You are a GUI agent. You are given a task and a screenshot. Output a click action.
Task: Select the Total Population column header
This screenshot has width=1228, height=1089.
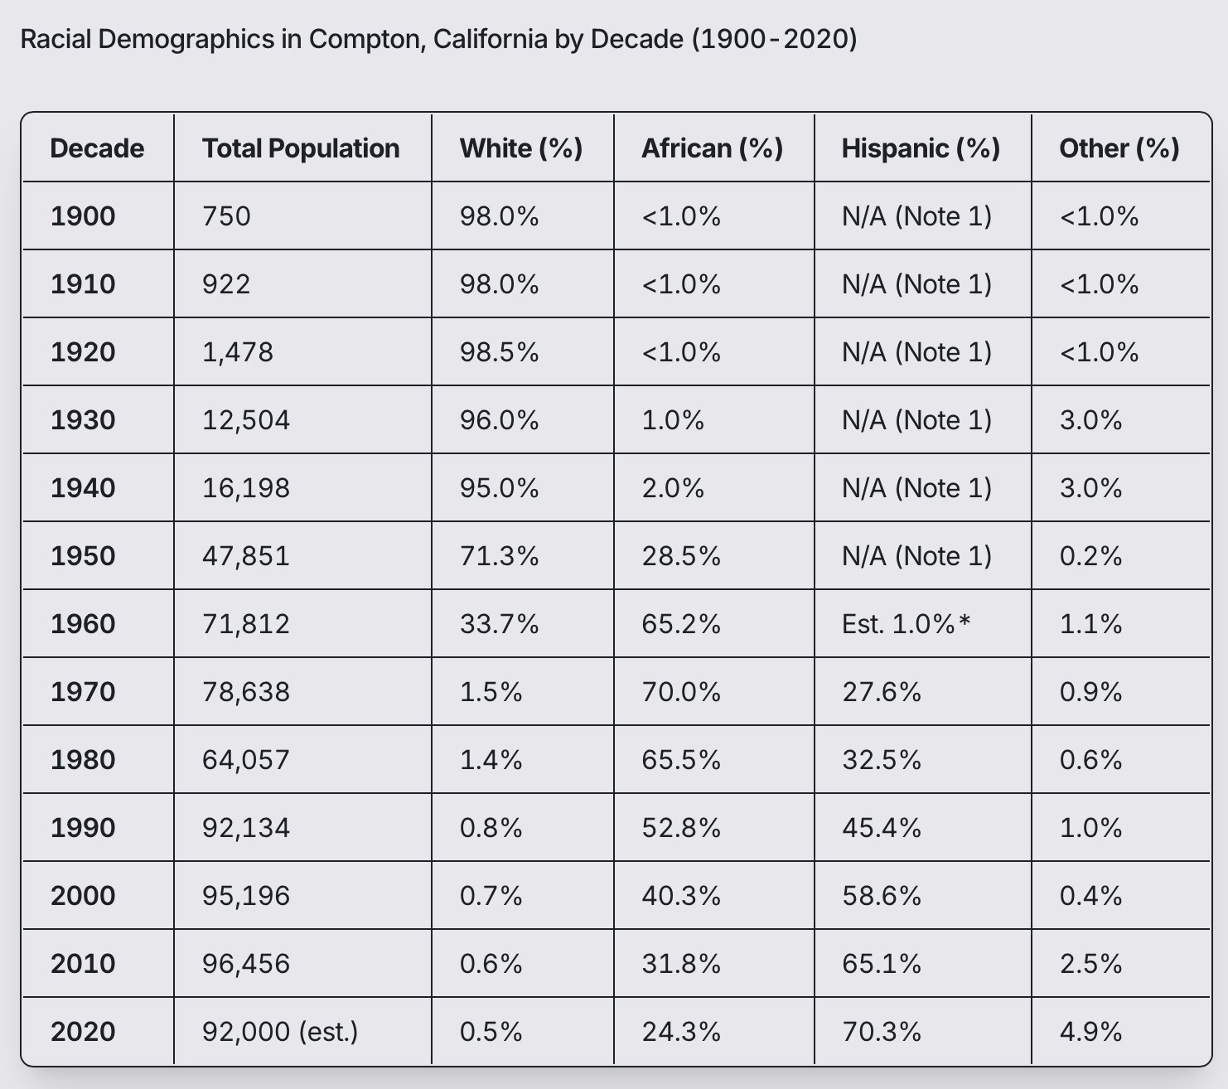[x=301, y=148]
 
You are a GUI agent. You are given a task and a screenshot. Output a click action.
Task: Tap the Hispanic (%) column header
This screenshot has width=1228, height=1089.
[x=921, y=148]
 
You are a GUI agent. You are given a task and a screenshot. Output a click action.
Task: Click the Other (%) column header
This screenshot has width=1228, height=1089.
[x=1119, y=148]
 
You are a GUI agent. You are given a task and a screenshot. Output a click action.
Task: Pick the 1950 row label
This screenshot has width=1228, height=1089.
[x=83, y=556]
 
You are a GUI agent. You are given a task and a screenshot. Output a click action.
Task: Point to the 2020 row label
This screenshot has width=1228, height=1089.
[x=83, y=1032]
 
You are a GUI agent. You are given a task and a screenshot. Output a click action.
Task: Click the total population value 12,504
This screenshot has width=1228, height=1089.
[x=246, y=420]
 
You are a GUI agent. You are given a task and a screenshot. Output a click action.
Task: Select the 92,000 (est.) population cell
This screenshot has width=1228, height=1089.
[x=280, y=1032]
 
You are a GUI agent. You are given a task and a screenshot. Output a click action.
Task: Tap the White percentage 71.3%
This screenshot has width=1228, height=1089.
[x=499, y=556]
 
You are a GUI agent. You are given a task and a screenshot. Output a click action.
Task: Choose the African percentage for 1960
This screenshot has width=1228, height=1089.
[x=681, y=624]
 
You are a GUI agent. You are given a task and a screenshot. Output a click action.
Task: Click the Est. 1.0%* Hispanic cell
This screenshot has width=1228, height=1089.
[x=906, y=624]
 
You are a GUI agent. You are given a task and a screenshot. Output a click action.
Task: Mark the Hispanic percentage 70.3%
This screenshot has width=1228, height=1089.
[x=882, y=1032]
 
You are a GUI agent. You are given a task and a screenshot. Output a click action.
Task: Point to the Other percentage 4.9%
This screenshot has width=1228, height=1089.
[x=1090, y=1032]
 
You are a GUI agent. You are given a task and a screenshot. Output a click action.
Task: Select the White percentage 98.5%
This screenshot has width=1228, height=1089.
[x=499, y=352]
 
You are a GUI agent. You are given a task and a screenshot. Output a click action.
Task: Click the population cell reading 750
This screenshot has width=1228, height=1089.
[x=226, y=216]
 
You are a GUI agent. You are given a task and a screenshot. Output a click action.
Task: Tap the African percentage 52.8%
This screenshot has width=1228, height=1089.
[x=681, y=828]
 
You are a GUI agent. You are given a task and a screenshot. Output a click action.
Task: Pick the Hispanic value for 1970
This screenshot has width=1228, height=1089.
[x=882, y=692]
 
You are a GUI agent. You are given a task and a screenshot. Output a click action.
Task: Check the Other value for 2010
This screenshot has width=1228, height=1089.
[x=1090, y=964]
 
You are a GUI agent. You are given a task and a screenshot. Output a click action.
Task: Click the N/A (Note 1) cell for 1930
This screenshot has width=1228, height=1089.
[x=916, y=420]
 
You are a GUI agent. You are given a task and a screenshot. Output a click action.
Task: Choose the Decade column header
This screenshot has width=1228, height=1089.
[x=97, y=148]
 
